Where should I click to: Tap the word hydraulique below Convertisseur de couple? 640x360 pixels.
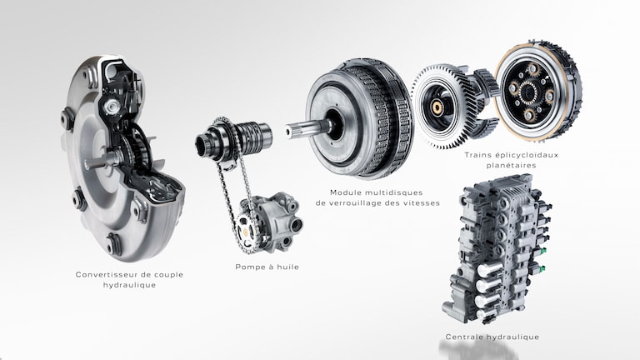129,285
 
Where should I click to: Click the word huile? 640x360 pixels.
287,267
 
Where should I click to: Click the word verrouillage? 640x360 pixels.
356,202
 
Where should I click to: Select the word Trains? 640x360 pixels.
478,155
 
